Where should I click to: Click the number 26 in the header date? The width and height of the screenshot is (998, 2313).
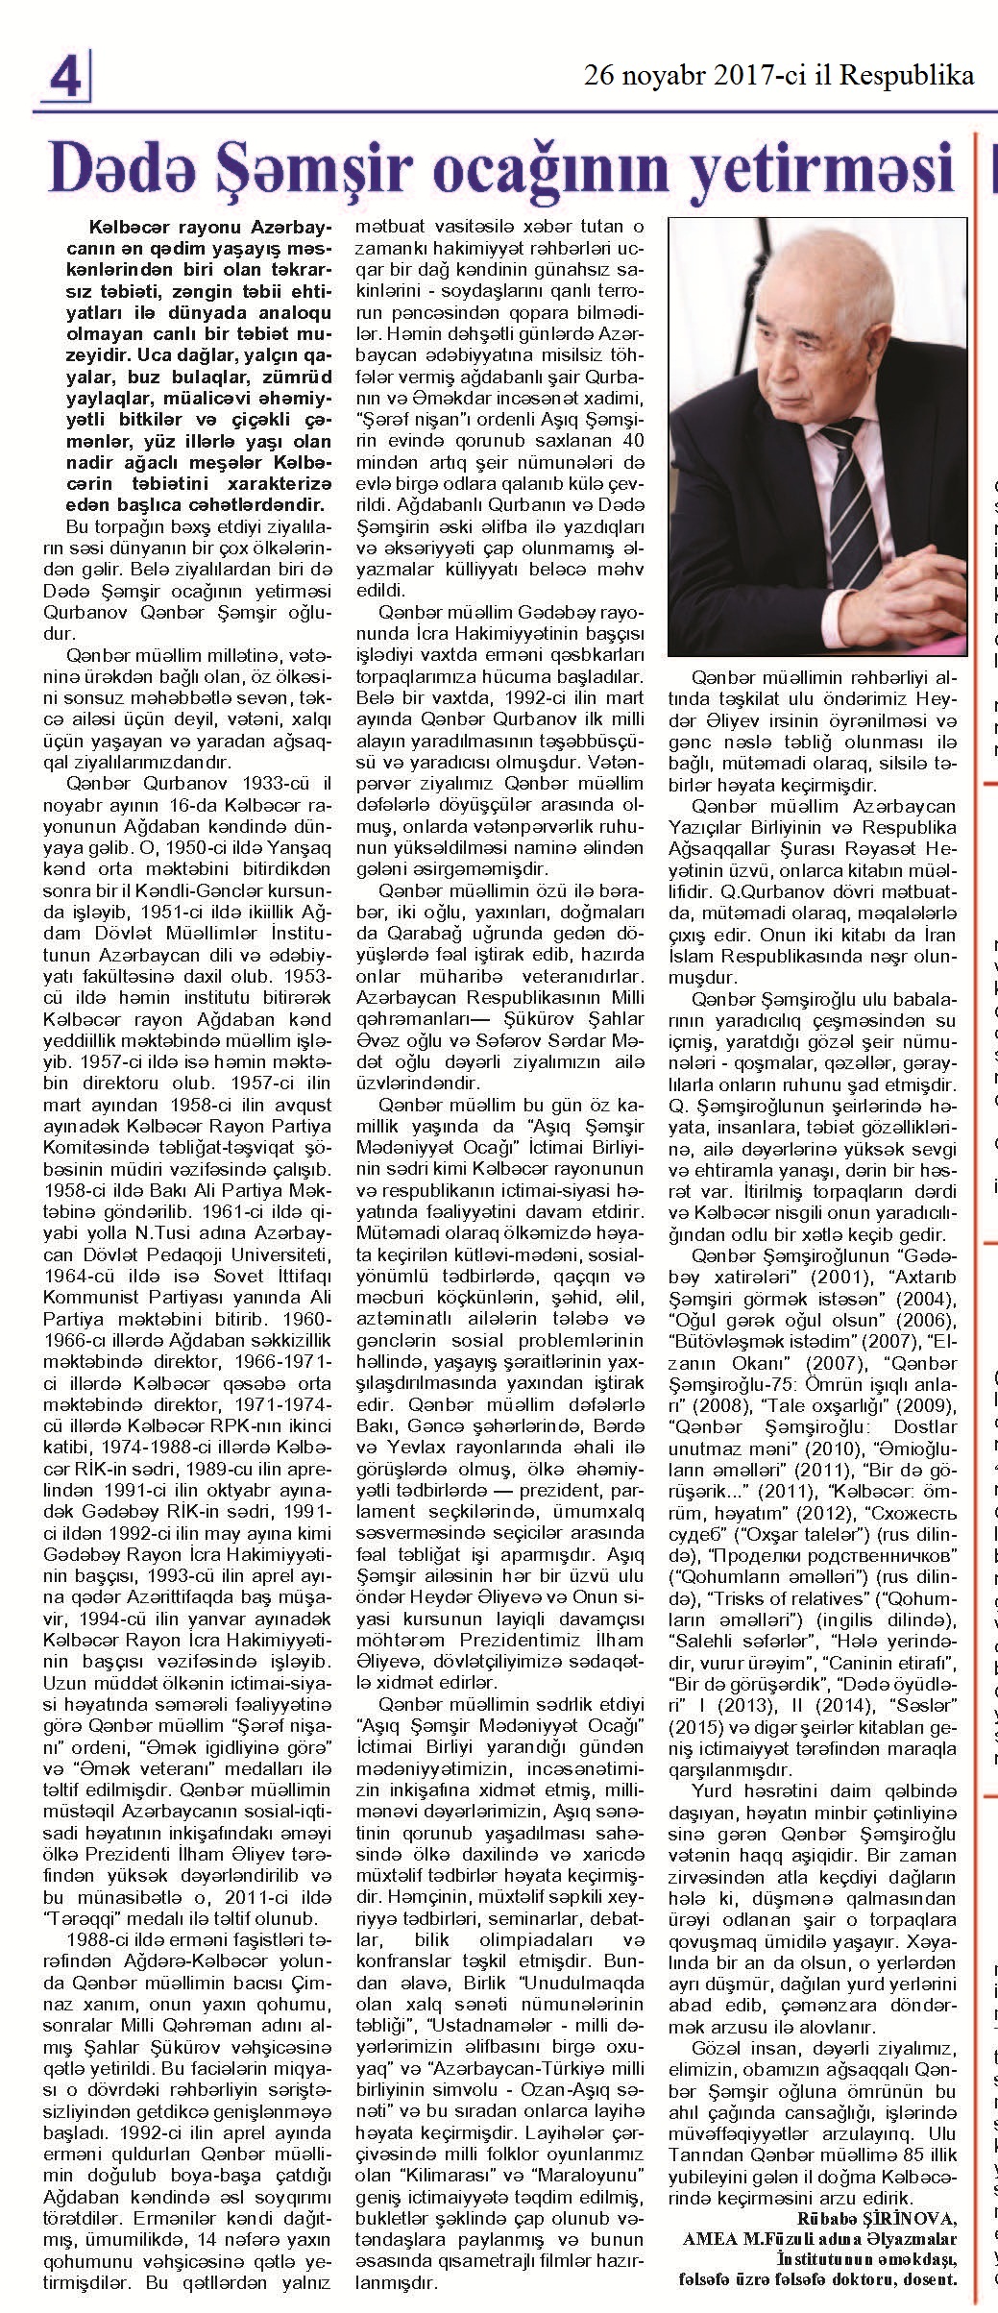coord(603,76)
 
